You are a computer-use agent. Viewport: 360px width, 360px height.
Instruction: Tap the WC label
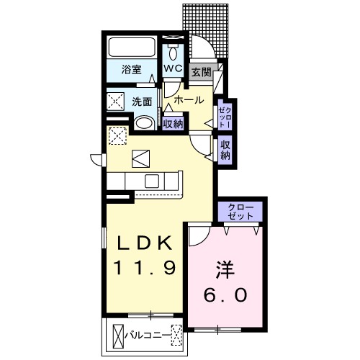click(172, 68)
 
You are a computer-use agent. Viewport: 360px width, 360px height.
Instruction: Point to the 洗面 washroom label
click(141, 102)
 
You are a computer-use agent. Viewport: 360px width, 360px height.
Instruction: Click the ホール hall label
click(189, 99)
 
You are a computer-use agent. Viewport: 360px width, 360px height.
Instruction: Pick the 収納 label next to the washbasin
click(172, 123)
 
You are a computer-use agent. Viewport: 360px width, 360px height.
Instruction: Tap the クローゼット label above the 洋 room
click(241, 212)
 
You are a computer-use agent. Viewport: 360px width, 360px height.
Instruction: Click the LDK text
click(142, 242)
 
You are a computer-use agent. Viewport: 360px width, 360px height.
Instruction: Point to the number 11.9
click(143, 268)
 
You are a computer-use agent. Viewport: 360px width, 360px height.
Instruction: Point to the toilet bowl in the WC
click(173, 53)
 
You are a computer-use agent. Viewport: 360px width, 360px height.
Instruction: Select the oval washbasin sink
click(144, 122)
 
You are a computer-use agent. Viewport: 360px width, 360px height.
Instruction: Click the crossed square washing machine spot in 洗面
click(115, 101)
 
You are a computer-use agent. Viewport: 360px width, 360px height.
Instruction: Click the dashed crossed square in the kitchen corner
click(117, 135)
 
